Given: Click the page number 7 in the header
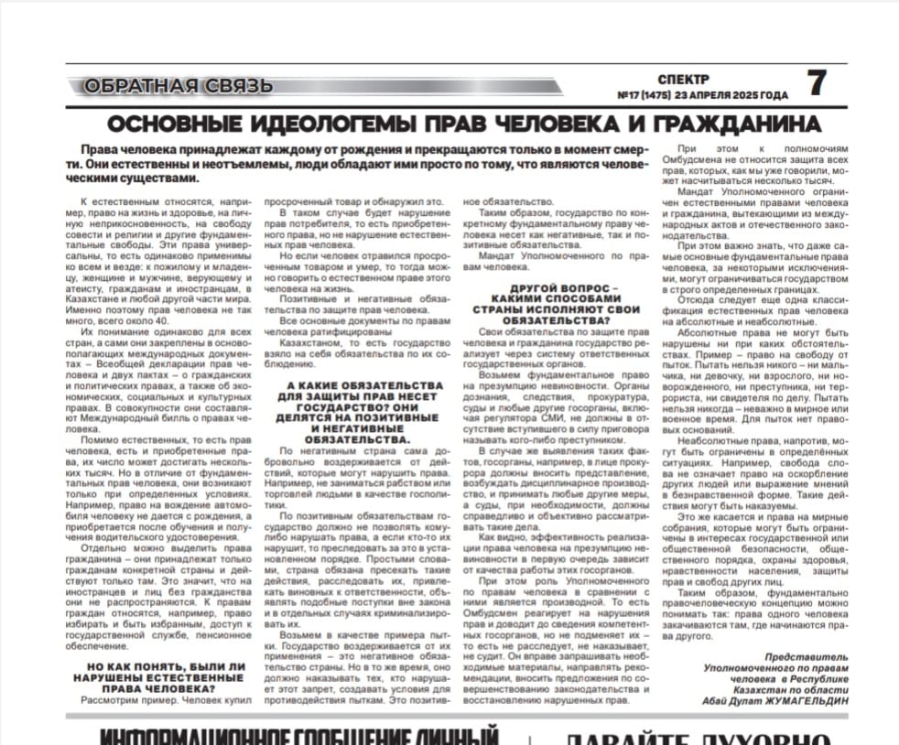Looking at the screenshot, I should [x=816, y=83].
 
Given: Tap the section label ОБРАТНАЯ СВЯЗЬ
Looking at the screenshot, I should [x=178, y=87].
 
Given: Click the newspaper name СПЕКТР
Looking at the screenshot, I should [x=683, y=79].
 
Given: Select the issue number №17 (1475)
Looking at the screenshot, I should [x=645, y=94].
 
